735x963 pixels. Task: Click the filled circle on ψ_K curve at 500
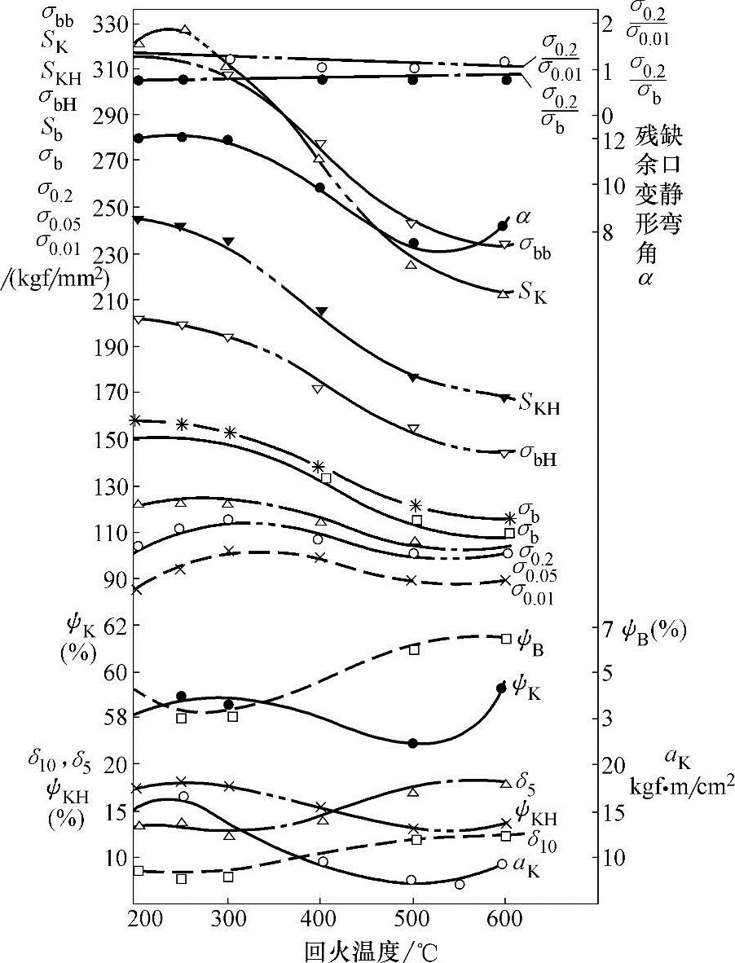tap(412, 743)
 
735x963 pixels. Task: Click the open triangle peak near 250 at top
tap(185, 30)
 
